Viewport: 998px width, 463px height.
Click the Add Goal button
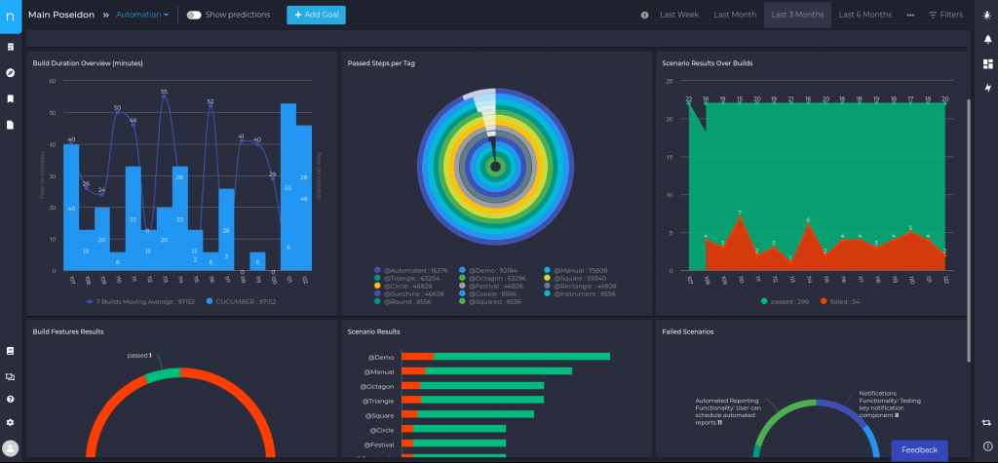pos(316,15)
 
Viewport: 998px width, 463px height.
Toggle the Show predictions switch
pos(194,15)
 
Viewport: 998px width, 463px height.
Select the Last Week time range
pos(679,15)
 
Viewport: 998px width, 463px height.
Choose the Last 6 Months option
pos(864,15)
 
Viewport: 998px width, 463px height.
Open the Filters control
pos(945,15)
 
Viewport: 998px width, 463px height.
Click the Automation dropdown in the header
pos(142,15)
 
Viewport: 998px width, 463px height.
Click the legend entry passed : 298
pos(788,301)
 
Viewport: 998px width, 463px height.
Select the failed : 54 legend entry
pos(844,301)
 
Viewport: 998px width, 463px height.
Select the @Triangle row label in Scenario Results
pos(378,401)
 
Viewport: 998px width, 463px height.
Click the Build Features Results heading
pos(68,331)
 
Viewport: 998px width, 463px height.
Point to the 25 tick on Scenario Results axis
pos(670,82)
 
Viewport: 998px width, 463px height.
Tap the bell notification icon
pos(988,39)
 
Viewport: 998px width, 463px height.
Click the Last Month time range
pos(734,15)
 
